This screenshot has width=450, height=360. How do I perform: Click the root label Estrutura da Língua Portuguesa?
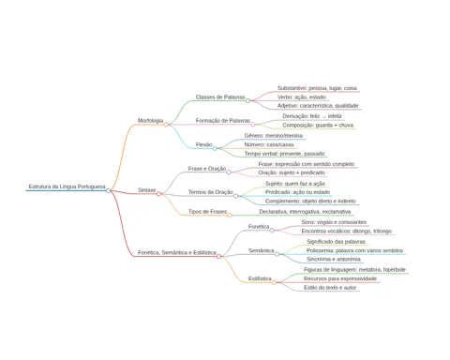[67, 187]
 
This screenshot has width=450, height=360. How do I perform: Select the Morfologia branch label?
[150, 121]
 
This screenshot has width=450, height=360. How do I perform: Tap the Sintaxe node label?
[146, 190]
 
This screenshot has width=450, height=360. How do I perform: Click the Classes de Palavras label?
[220, 97]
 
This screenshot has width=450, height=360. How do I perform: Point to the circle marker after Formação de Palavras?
[253, 125]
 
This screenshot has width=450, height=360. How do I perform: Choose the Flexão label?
[203, 144]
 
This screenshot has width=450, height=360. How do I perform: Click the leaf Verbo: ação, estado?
[302, 97]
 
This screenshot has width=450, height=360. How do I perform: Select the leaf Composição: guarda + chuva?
[318, 126]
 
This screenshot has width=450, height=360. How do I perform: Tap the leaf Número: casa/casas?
[269, 144]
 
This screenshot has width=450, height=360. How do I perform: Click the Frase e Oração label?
[207, 169]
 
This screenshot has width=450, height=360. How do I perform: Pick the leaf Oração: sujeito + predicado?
[292, 172]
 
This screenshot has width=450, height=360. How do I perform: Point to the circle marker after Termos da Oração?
[235, 196]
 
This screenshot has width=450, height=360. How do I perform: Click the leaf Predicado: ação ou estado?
[297, 192]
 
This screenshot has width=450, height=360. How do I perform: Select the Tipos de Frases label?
[207, 212]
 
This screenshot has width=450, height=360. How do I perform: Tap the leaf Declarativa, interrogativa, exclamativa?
[305, 212]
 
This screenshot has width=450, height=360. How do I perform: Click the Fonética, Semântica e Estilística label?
[177, 252]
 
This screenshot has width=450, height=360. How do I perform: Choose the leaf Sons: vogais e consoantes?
[334, 222]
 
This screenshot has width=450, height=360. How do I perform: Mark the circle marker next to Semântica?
[277, 254]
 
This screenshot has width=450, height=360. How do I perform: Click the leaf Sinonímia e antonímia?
[334, 260]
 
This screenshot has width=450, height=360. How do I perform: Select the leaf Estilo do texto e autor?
[330, 288]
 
